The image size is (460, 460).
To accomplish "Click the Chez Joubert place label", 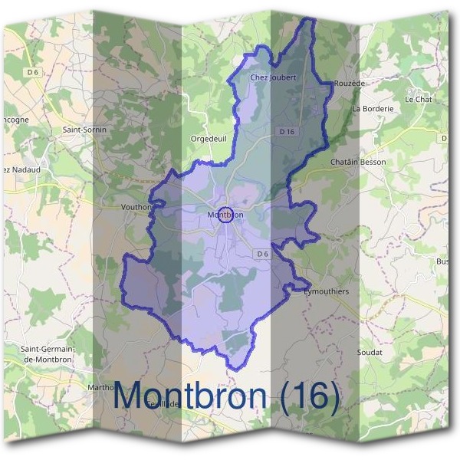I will (273, 77).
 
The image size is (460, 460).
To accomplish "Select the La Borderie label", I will (373, 109).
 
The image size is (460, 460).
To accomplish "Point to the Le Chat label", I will (419, 100).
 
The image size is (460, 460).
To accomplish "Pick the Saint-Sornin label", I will (84, 130).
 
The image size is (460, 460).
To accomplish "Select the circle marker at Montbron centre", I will (225, 215).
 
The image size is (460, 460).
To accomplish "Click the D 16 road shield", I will (287, 132).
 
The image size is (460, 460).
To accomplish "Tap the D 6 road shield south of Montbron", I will (262, 254).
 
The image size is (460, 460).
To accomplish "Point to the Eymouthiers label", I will (326, 292).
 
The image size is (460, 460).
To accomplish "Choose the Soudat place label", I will (370, 352).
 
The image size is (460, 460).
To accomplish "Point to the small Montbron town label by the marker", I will (225, 215).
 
